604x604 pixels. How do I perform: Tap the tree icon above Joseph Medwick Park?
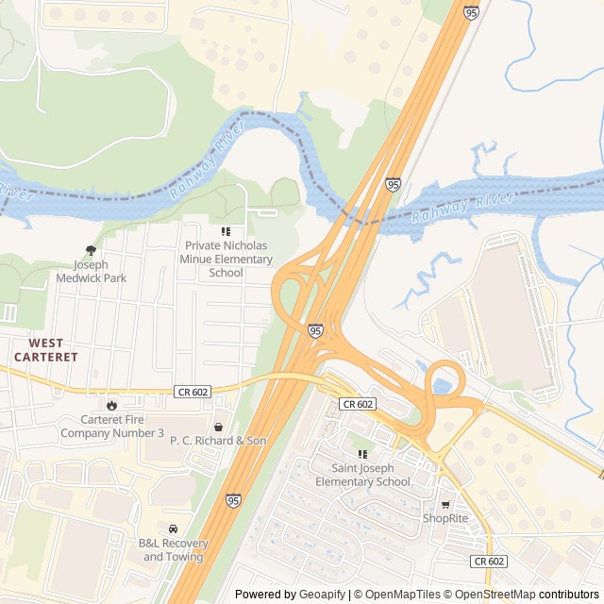(91, 250)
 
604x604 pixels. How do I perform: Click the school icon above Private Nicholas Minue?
(226, 231)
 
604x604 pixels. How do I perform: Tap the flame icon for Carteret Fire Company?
(111, 405)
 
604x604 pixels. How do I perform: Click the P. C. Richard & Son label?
(218, 441)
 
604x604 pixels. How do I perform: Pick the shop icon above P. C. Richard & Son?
(219, 427)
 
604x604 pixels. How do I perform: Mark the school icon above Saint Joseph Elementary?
(362, 454)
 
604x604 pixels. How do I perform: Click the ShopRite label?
(445, 518)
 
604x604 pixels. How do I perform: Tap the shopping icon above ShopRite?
(445, 504)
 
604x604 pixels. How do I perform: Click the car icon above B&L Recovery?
(173, 528)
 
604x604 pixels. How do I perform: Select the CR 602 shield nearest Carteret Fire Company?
(192, 391)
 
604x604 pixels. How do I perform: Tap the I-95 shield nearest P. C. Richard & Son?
(232, 500)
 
